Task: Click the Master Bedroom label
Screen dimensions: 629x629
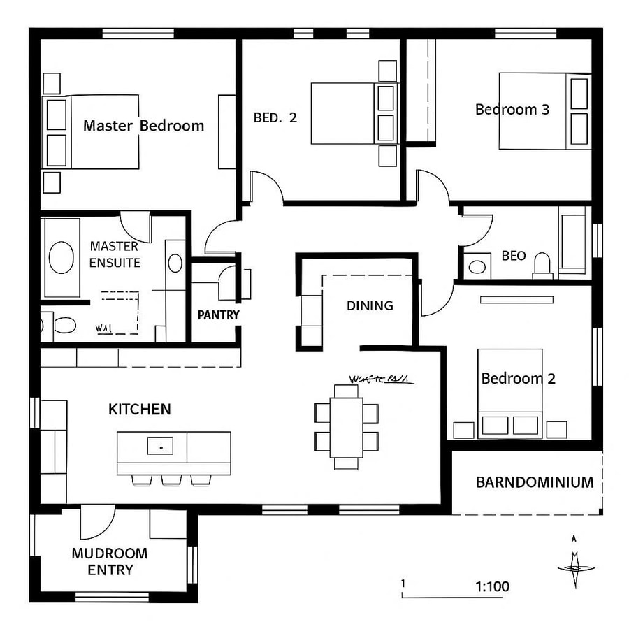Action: click(x=143, y=126)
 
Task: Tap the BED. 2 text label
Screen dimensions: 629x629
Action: click(x=275, y=117)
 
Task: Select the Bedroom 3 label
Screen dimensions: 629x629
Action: click(x=512, y=110)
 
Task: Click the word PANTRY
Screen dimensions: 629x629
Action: click(x=218, y=315)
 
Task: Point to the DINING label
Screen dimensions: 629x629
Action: click(x=370, y=305)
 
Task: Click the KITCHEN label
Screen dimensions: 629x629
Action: click(x=139, y=410)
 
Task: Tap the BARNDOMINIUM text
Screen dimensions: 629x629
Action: click(x=535, y=482)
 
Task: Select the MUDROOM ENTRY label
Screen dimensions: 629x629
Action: click(x=110, y=562)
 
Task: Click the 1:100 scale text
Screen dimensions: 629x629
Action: click(x=492, y=586)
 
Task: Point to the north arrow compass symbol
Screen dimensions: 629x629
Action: click(x=575, y=563)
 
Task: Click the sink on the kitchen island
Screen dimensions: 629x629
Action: click(x=161, y=444)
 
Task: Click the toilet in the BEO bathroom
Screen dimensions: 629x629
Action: click(x=542, y=264)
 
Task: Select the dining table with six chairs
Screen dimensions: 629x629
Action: click(x=347, y=426)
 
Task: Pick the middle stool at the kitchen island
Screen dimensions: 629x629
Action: click(x=171, y=480)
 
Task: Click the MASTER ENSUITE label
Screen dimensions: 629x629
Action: click(x=115, y=255)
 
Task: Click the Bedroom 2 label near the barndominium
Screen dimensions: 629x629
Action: click(x=518, y=379)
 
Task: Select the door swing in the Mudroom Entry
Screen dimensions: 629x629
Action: click(x=98, y=521)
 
